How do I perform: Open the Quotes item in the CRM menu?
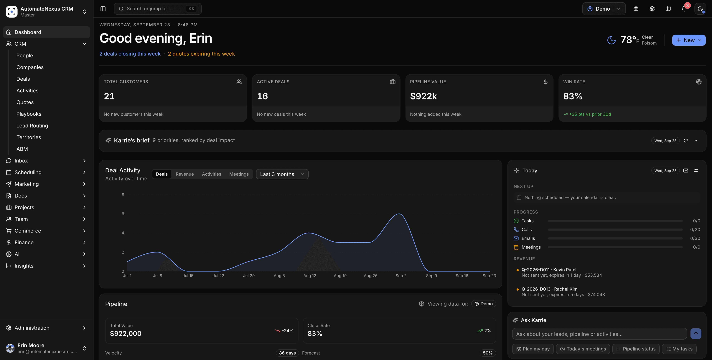click(x=25, y=102)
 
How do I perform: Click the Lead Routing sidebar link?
click(x=32, y=126)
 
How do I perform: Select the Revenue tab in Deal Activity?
click(x=185, y=174)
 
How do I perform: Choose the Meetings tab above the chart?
click(x=239, y=174)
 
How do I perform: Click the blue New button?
click(x=688, y=40)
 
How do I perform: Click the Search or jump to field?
click(x=158, y=9)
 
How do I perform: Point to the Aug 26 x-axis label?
click(x=370, y=276)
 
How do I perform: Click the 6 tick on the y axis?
click(x=123, y=214)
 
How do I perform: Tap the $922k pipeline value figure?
click(x=423, y=96)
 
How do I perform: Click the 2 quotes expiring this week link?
click(x=201, y=54)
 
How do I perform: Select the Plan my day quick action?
click(x=533, y=349)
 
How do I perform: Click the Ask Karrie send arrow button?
click(x=696, y=334)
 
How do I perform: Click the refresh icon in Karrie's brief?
click(x=686, y=141)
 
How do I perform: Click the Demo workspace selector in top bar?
click(x=604, y=9)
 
